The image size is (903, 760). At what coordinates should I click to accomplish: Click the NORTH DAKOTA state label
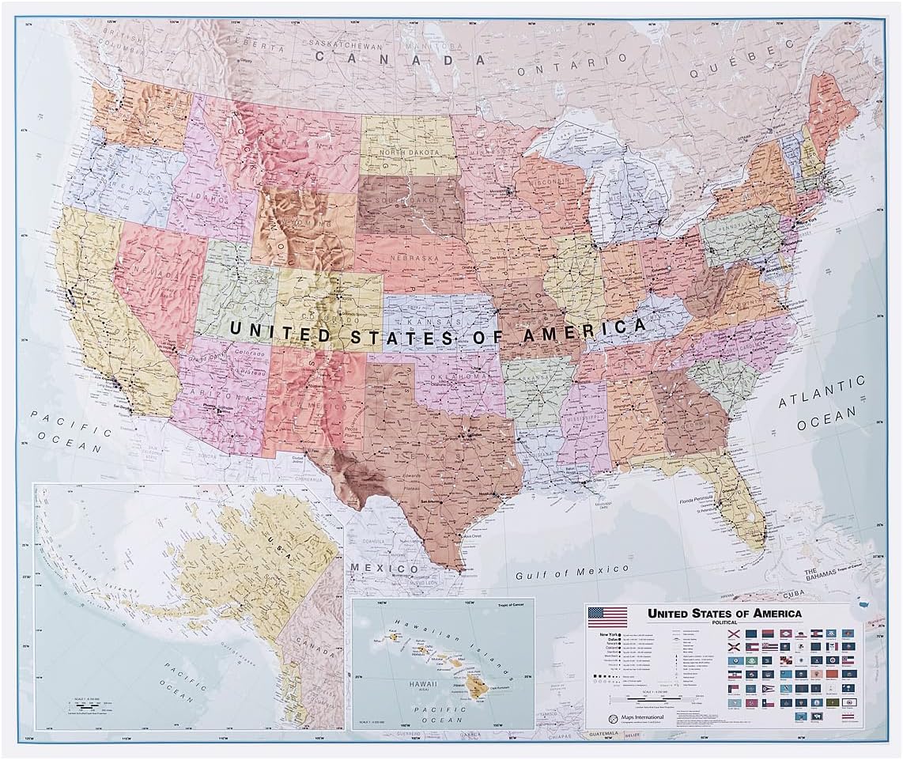coord(408,153)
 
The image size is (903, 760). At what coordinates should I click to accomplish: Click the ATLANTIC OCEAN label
coord(822,403)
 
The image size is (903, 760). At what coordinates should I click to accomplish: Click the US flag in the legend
coord(607,617)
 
